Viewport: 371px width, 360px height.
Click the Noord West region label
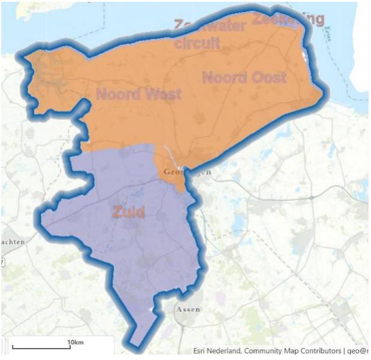(x=138, y=94)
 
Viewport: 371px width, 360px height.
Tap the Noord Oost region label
(x=244, y=77)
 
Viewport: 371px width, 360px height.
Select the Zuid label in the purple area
(x=128, y=211)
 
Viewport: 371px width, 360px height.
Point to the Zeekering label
(x=288, y=19)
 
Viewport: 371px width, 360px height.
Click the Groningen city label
(x=188, y=173)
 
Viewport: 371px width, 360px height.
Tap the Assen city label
(x=188, y=309)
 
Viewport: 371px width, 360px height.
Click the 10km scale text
(x=75, y=341)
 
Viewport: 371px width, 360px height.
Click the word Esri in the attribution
(x=202, y=351)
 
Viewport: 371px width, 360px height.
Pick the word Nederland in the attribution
(x=231, y=351)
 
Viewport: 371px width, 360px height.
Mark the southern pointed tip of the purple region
(x=135, y=345)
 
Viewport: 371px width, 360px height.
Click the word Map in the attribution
(x=301, y=351)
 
